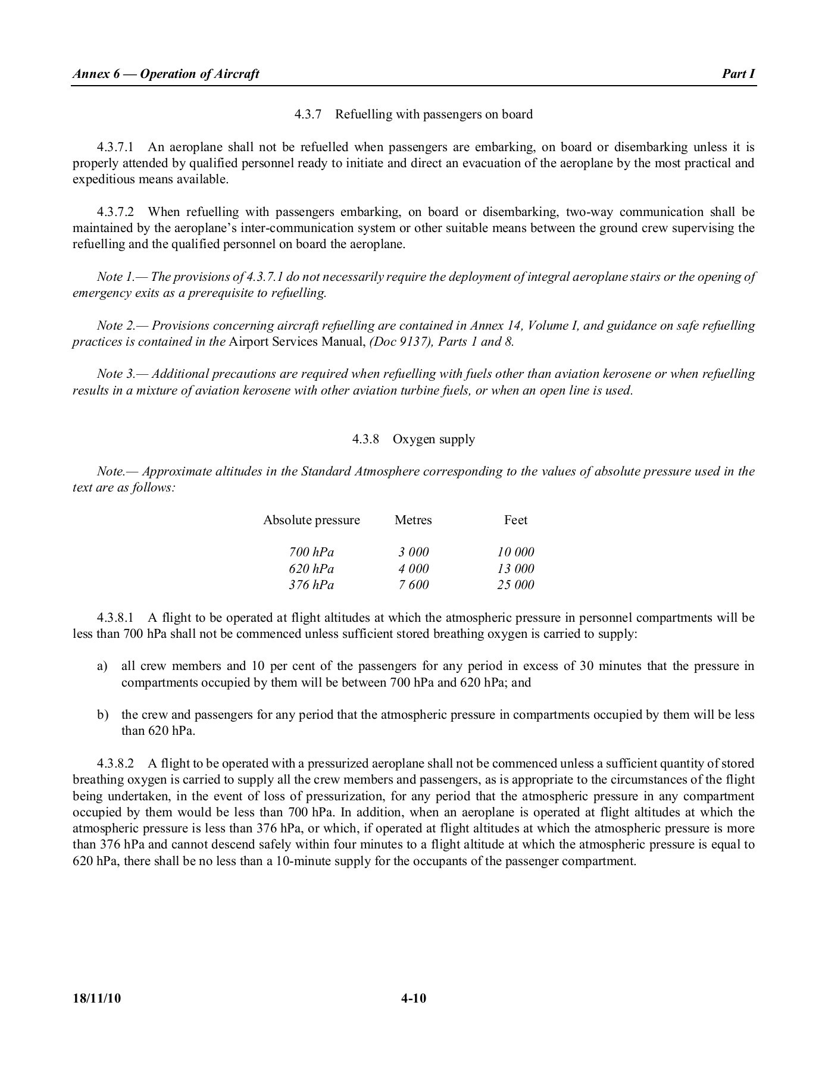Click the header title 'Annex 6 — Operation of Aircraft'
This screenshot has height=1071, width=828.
[165, 74]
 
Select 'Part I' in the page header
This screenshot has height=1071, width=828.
[738, 74]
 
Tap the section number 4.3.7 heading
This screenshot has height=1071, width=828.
[308, 114]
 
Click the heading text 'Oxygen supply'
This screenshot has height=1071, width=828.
[433, 440]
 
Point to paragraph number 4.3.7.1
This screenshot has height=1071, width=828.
[116, 147]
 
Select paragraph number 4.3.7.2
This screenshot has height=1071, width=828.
[116, 212]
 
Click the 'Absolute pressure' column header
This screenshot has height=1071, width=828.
[311, 521]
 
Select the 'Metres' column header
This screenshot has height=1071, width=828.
[413, 521]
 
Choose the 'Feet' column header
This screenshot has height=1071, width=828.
[515, 521]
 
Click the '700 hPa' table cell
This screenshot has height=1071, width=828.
[311, 552]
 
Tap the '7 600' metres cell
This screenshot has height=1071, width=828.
[413, 585]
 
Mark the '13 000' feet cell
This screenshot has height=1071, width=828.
[515, 569]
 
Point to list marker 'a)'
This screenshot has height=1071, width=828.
[102, 666]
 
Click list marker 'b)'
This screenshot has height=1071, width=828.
[102, 715]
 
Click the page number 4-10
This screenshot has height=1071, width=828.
[414, 998]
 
